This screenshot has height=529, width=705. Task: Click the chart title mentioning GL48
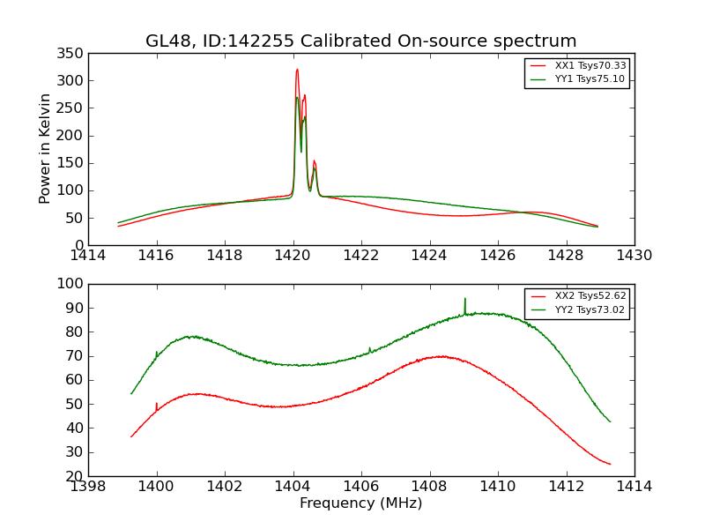tap(361, 41)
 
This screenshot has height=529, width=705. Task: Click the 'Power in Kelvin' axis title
tap(45, 149)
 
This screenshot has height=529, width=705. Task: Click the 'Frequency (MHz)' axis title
tap(361, 503)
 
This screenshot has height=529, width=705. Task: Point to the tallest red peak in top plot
tap(297, 70)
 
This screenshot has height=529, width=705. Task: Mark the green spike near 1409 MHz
tap(465, 300)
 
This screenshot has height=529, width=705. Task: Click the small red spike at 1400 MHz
tap(157, 405)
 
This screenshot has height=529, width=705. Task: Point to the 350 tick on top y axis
tap(73, 54)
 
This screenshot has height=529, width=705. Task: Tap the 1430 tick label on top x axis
tap(634, 255)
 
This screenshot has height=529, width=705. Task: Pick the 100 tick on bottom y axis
tap(73, 284)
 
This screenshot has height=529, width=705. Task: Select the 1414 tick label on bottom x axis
tap(634, 486)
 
